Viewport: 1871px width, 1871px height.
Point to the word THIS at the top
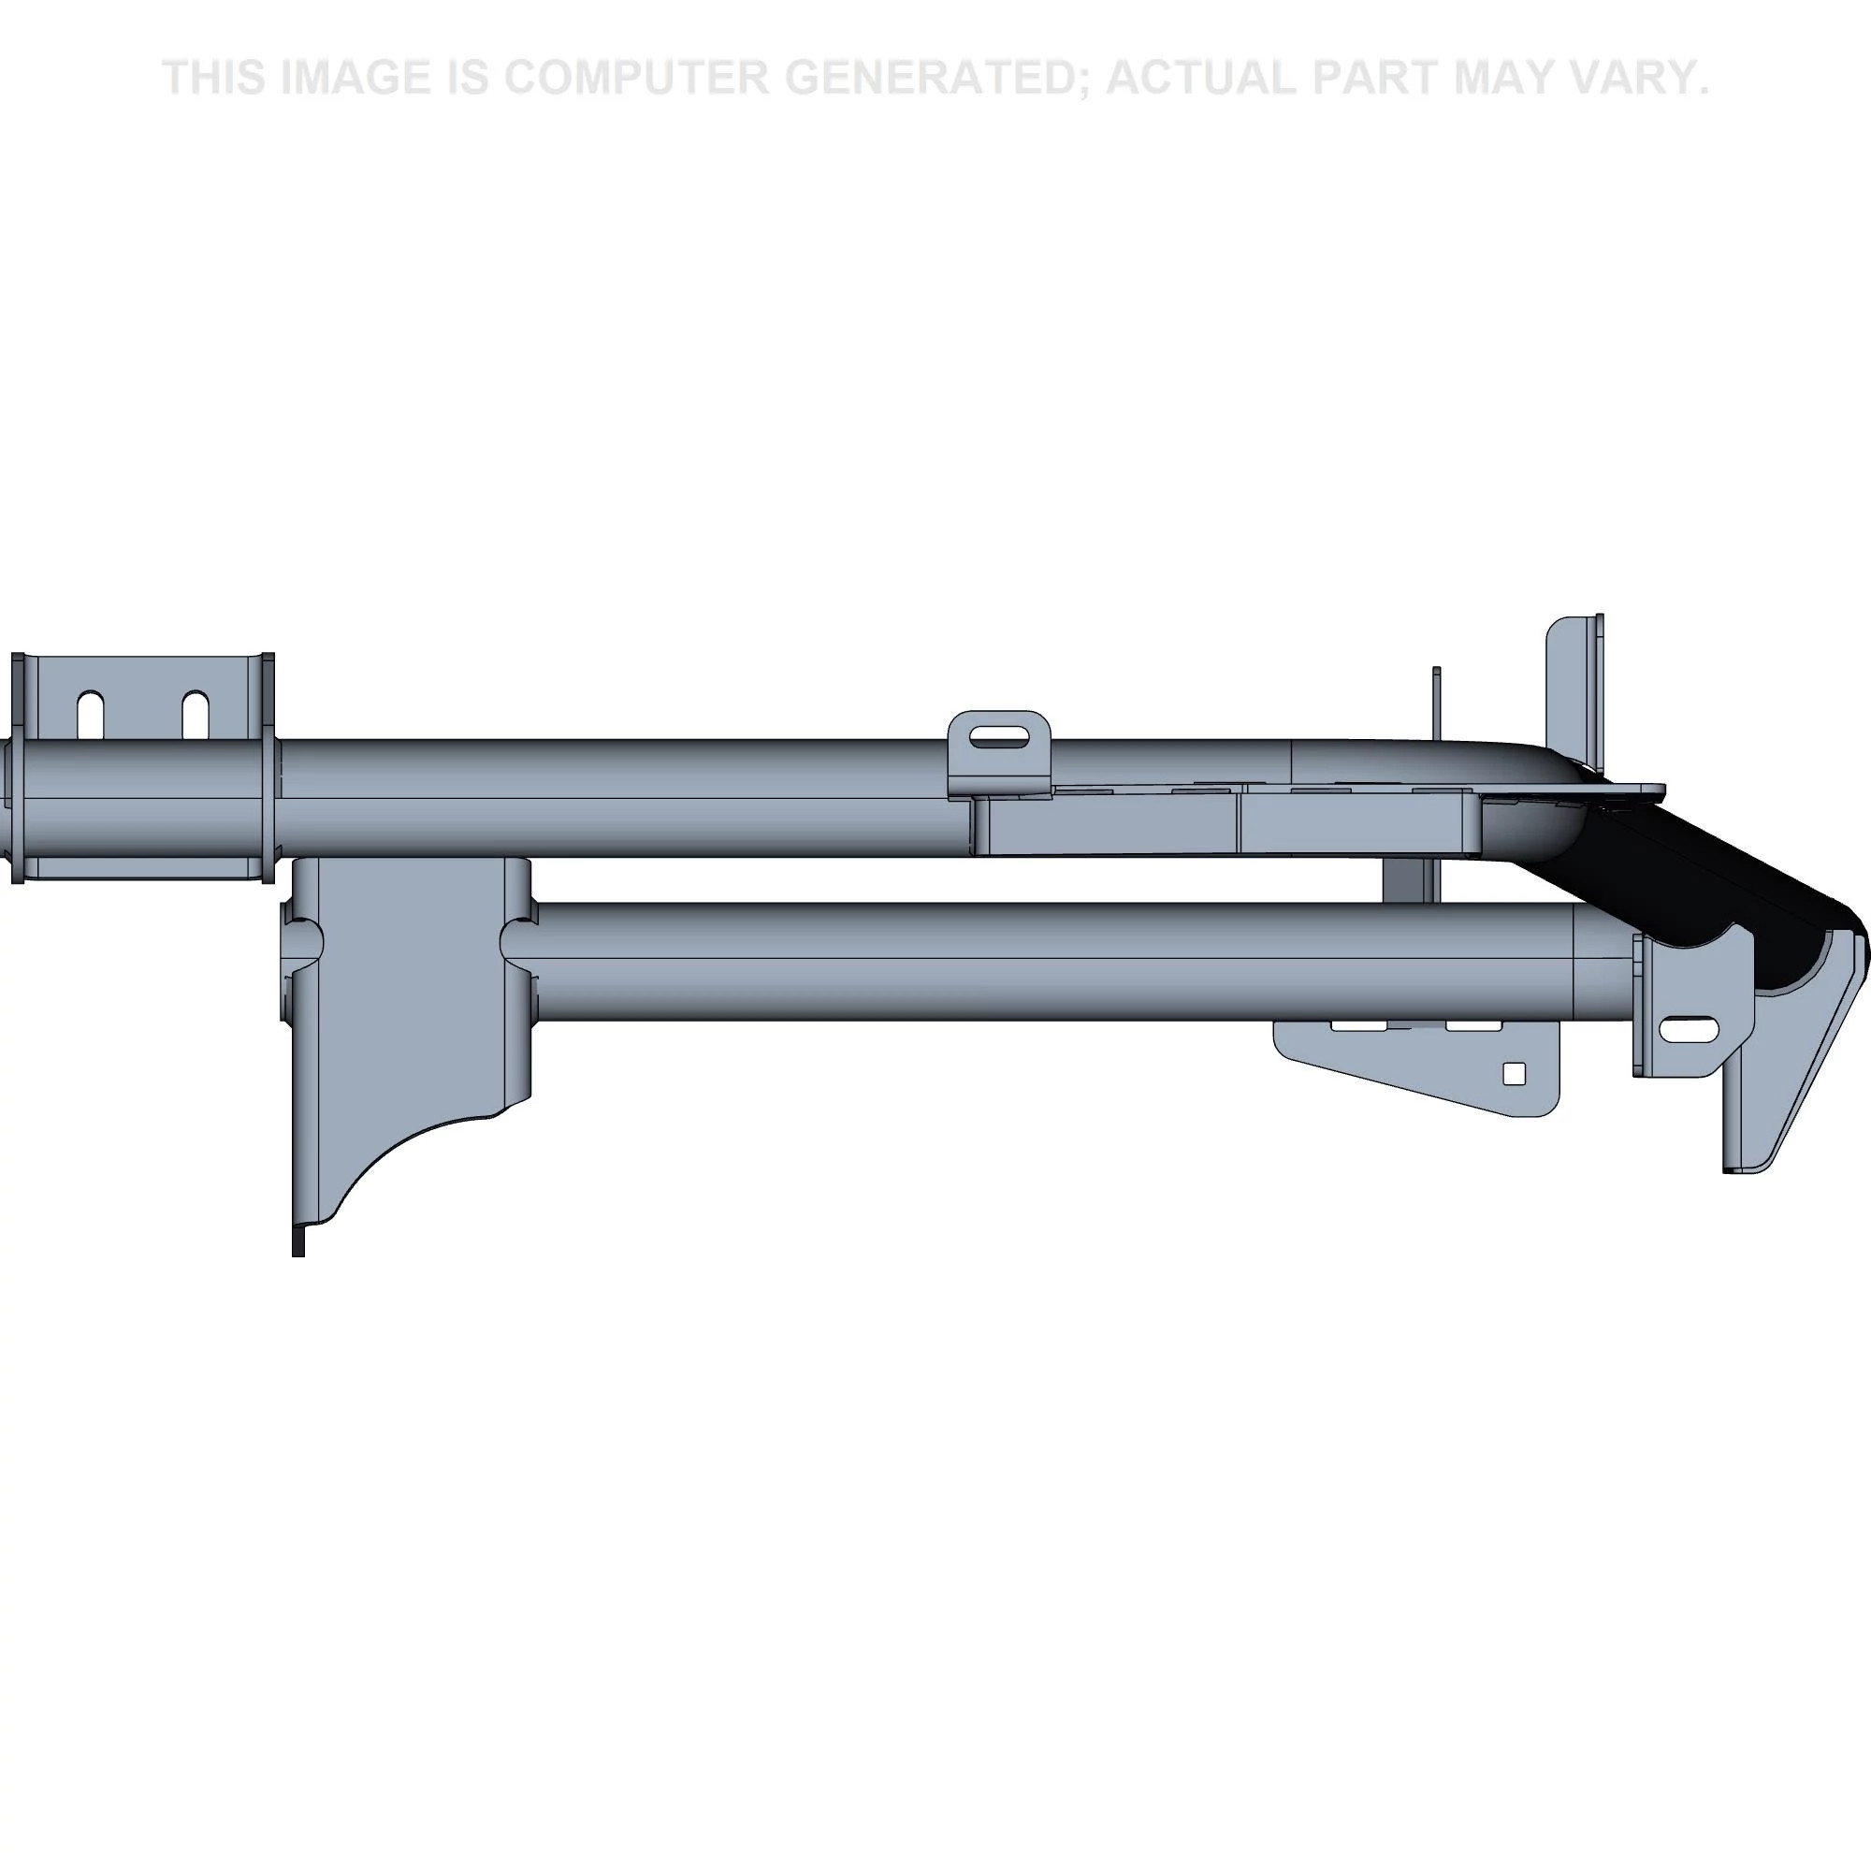tap(216, 78)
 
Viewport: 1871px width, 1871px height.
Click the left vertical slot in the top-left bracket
tap(91, 715)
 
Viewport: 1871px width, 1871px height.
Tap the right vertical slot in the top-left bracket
tap(196, 715)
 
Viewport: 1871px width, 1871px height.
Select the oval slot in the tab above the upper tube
tap(999, 738)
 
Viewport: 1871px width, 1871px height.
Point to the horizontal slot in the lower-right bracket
tap(1690, 1027)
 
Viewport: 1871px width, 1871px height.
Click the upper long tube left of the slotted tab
tap(610, 797)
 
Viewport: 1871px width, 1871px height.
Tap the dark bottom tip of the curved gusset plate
tap(298, 1241)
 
